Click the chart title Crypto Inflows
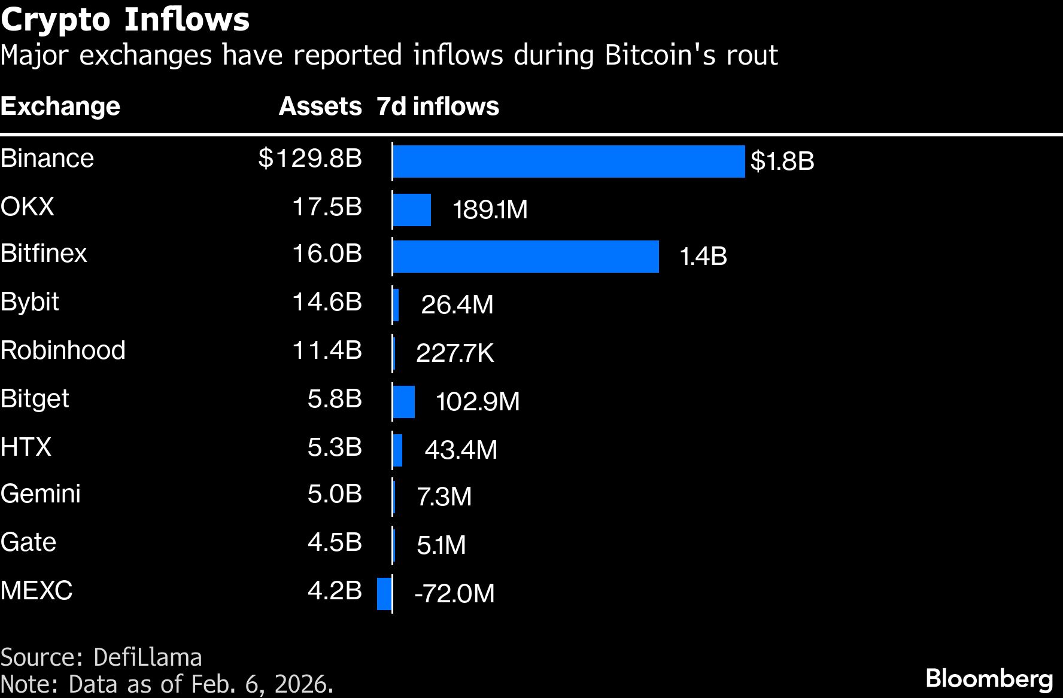point(124,20)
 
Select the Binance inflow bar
point(569,161)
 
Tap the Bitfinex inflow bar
point(526,257)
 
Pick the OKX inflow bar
point(412,210)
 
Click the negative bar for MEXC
point(384,593)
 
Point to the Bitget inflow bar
point(404,402)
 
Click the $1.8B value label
point(782,161)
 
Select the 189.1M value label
point(490,210)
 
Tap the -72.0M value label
point(454,594)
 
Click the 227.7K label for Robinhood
point(455,353)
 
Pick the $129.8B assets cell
point(310,159)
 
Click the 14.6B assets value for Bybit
point(327,302)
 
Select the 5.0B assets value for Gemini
point(335,494)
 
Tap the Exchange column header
point(60,106)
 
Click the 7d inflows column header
point(438,106)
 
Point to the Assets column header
point(320,106)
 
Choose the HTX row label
point(26,447)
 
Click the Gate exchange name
point(28,542)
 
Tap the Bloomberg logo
point(989,679)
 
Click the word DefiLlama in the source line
point(148,657)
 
